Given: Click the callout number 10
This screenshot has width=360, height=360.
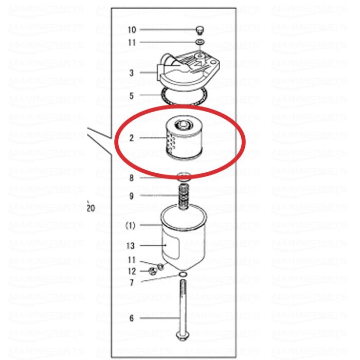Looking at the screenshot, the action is (132, 30).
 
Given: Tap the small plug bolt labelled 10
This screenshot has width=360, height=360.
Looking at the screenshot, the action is (200, 30).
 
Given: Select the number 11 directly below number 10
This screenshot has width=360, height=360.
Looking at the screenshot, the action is (132, 43).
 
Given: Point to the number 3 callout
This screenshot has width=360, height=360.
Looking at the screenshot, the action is (131, 73).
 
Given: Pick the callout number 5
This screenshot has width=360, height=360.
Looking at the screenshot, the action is (131, 96).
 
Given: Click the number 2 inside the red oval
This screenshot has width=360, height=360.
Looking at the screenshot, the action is (132, 138).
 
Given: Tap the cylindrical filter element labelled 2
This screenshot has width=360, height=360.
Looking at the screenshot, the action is (184, 138).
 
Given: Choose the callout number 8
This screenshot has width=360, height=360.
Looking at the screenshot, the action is (131, 178).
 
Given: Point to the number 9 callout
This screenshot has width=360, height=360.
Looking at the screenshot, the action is (131, 196).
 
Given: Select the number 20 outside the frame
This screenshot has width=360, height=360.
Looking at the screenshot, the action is (91, 208).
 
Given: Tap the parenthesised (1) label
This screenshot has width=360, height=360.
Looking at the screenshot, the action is (131, 226).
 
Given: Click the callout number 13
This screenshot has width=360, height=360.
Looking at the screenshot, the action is (131, 246).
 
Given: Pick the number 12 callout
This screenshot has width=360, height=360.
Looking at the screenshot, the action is (132, 272).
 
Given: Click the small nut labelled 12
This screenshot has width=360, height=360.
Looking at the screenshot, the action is (152, 271).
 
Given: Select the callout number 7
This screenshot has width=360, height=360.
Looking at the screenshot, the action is (132, 283).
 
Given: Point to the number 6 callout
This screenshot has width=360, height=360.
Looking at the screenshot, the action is (132, 318).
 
